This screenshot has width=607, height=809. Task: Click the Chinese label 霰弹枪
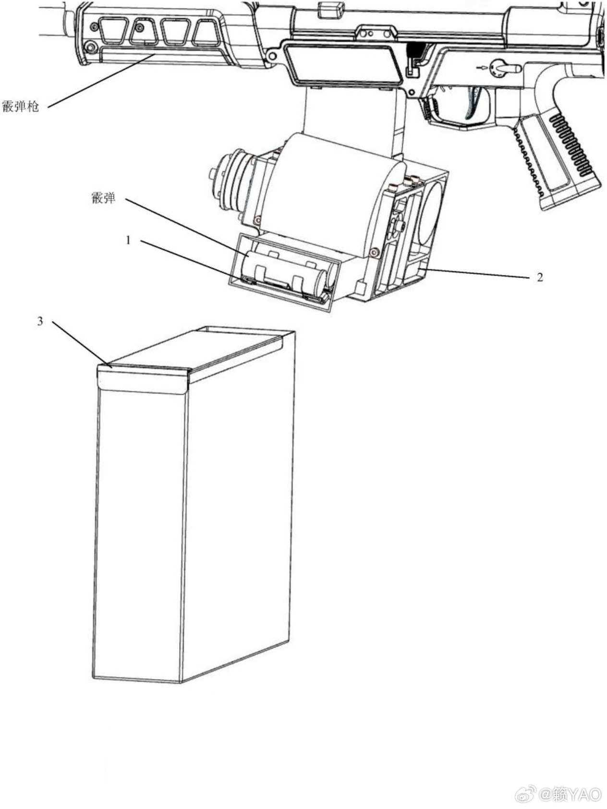(x=20, y=107)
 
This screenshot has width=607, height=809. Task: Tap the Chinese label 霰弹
(x=103, y=197)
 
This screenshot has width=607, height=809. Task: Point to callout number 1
(x=128, y=240)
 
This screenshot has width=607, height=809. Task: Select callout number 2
(x=540, y=277)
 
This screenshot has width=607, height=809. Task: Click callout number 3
(x=40, y=321)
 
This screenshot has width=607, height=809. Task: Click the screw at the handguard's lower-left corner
(x=89, y=47)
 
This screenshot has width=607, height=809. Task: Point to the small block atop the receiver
(x=331, y=7)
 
